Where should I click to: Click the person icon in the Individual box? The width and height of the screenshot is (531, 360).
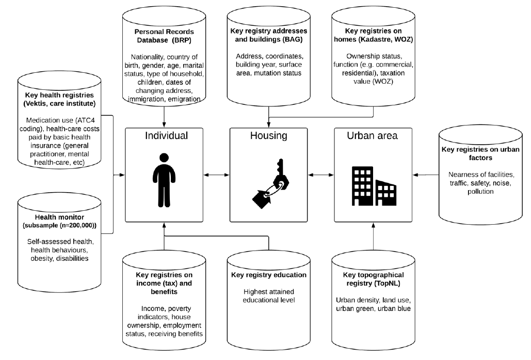(164, 180)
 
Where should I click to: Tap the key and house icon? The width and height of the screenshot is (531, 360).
(271, 183)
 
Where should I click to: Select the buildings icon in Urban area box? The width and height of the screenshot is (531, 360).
(374, 186)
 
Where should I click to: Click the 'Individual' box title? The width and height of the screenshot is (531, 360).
(166, 136)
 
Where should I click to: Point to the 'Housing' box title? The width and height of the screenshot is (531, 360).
(268, 136)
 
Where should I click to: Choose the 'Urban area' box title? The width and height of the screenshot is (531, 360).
(372, 136)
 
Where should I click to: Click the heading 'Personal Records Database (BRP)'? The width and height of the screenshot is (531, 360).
(164, 36)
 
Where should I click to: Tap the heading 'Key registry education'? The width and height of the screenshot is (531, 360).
(269, 275)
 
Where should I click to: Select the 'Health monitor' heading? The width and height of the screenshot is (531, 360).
(60, 217)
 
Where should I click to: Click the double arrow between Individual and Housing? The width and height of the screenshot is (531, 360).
(216, 175)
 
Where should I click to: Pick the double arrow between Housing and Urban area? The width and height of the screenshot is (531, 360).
(320, 175)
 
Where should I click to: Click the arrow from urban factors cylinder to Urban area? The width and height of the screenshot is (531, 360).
(426, 175)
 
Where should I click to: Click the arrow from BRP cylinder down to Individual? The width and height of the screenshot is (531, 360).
(164, 117)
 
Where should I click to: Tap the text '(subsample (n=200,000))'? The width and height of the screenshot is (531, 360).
(60, 225)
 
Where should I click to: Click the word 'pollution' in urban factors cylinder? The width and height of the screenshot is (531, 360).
(480, 192)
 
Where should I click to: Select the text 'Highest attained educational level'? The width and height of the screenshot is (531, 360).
(269, 296)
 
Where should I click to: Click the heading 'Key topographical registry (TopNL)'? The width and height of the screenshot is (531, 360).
(374, 279)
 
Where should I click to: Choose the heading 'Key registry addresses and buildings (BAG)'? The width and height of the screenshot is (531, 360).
(269, 35)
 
